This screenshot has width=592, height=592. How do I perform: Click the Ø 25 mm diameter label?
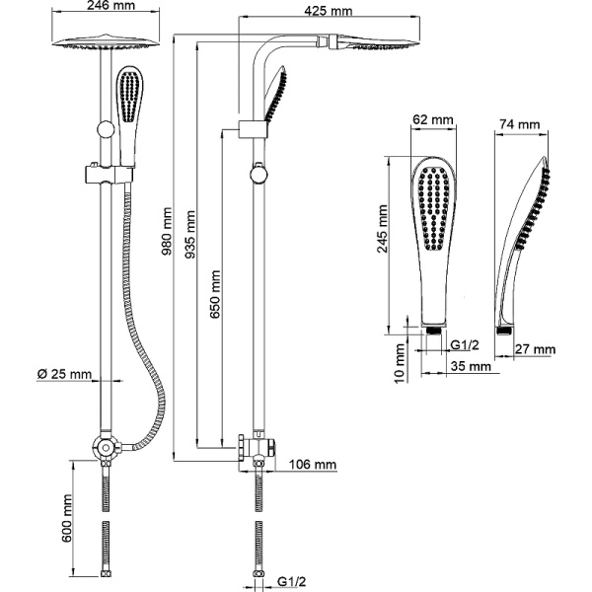(65, 375)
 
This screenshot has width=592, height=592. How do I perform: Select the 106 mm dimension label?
(313, 464)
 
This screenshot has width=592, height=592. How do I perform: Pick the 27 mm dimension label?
(537, 349)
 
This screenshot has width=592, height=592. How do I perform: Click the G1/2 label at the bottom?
(293, 582)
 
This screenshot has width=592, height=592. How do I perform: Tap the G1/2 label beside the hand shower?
(465, 343)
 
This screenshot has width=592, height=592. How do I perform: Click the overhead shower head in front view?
(104, 46)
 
